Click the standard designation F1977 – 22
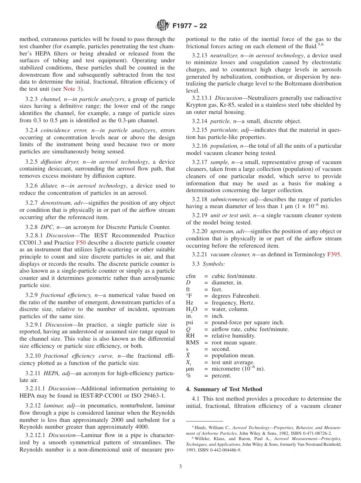tap(190, 26)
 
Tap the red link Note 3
tap(71, 89)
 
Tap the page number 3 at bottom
tap(180, 466)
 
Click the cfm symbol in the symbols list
tap(191, 276)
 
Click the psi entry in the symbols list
tap(190, 323)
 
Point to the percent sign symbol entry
tap(188, 376)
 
